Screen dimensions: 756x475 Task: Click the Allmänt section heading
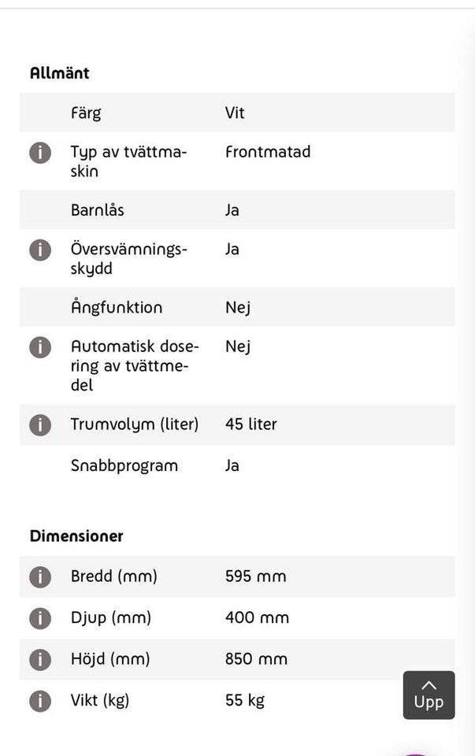click(59, 73)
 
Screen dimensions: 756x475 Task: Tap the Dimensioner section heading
click(76, 536)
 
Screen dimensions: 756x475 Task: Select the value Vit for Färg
click(235, 113)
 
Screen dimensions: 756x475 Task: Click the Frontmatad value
click(268, 151)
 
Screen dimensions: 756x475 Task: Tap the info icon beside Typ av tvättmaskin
click(40, 152)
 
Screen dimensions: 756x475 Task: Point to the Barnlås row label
click(98, 210)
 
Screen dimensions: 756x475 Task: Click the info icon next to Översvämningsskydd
click(40, 250)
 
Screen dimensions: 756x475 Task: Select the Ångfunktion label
click(117, 307)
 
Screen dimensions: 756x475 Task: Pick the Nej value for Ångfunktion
click(238, 307)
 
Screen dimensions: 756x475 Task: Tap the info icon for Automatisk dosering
click(40, 346)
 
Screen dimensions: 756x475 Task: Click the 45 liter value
click(251, 424)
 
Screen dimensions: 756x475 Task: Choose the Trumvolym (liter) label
click(135, 424)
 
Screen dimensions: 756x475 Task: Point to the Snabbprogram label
click(124, 465)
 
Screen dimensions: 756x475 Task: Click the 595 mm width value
click(255, 576)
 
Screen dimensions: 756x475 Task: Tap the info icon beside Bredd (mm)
click(40, 576)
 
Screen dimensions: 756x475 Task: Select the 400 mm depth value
click(257, 618)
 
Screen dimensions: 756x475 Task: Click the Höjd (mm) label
click(110, 659)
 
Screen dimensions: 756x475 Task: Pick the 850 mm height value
click(256, 659)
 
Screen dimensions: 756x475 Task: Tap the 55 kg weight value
click(245, 700)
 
